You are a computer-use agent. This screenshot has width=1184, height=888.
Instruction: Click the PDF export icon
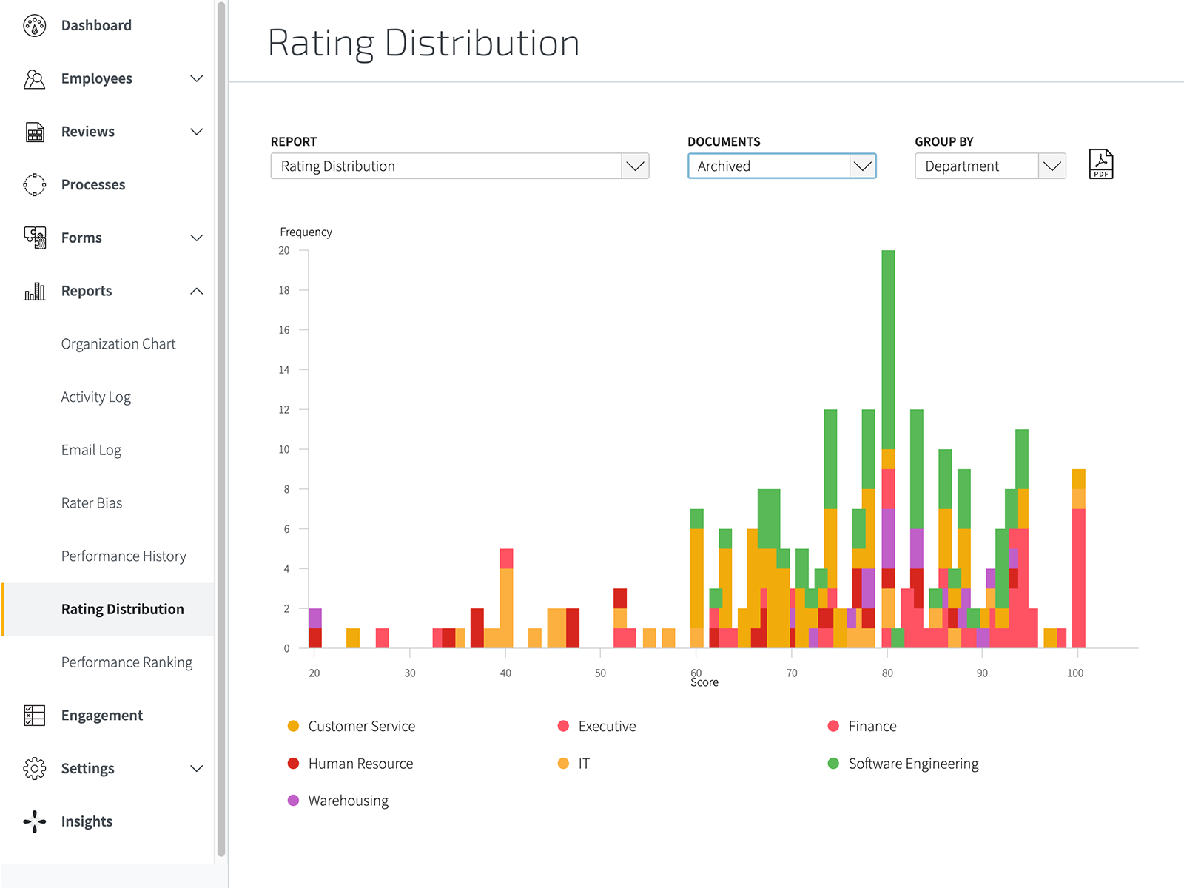1101,164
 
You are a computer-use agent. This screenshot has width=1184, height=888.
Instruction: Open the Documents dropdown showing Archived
781,166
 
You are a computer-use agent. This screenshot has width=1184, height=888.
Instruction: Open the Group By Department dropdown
989,166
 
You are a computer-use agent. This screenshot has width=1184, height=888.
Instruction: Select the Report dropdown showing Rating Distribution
459,166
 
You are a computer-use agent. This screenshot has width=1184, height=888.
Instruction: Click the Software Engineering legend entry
912,764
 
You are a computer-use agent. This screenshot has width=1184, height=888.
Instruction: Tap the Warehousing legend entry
348,801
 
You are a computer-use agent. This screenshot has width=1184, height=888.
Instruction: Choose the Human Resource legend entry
360,764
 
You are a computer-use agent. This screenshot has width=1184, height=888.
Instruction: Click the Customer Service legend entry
361,727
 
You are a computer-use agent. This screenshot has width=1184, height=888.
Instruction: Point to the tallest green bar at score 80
888,348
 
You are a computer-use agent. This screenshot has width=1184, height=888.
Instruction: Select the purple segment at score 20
315,618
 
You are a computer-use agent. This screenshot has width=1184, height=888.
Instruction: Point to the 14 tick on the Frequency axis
284,370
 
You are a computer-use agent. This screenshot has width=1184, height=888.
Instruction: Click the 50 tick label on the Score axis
600,673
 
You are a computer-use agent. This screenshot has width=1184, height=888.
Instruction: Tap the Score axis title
704,683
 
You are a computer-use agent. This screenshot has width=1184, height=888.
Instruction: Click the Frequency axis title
306,232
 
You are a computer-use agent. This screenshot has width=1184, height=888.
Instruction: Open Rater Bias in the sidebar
92,503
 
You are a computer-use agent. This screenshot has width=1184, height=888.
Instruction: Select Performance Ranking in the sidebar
127,662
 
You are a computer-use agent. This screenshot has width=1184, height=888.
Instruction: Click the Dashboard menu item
96,25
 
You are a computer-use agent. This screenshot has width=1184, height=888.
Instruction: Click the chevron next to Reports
196,291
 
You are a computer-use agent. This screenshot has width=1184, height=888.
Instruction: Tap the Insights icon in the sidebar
34,821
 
